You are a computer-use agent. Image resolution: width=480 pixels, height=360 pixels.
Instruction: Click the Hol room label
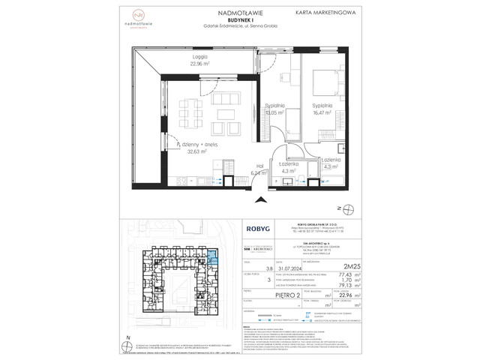click(241, 165)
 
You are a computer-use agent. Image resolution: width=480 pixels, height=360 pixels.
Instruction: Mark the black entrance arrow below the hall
click(260, 199)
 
